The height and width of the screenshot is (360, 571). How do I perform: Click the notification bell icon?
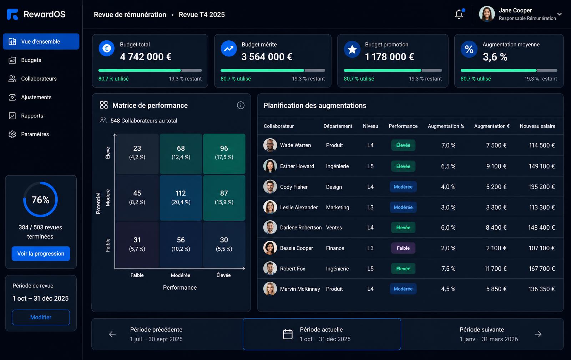459,14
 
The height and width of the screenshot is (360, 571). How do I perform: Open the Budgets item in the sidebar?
31,60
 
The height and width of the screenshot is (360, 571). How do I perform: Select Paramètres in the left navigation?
35,134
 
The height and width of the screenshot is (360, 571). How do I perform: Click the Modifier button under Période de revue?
41,317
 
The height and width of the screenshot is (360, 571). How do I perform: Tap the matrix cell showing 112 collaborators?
181,198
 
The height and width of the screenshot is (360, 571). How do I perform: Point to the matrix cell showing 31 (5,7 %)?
137,244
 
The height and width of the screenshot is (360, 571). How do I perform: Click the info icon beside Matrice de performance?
241,105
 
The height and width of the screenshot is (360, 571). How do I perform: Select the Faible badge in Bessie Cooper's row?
403,248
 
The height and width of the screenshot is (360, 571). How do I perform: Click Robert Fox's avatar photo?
270,269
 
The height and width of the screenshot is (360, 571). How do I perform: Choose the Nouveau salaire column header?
537,126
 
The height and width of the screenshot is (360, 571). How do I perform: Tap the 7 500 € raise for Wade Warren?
496,145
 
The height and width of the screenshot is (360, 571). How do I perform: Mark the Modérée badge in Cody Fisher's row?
403,187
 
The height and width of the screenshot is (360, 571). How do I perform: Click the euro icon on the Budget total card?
107,48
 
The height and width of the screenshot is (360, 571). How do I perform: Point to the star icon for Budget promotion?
352,49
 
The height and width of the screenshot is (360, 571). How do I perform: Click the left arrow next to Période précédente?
112,334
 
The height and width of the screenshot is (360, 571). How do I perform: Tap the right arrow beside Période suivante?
538,334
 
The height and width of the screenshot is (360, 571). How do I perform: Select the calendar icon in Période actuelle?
288,334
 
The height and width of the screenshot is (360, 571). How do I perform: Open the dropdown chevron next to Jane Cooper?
560,14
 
